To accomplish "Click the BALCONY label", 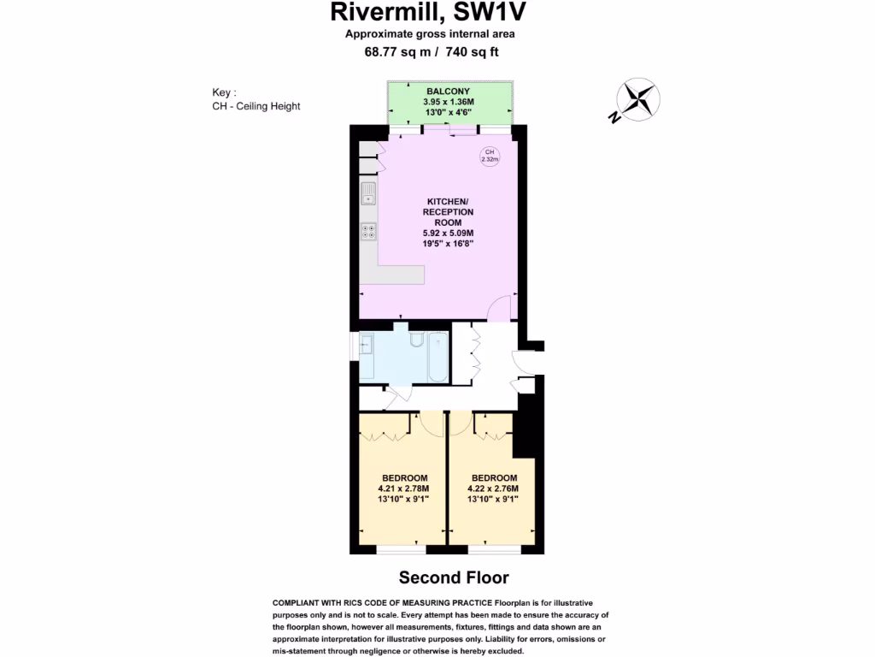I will (x=448, y=91).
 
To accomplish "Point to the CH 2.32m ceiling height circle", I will (x=490, y=156).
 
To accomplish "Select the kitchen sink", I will (x=368, y=193).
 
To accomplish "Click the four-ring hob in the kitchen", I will (x=368, y=231).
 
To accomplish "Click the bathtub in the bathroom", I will (x=437, y=357).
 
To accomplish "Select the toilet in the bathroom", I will (x=416, y=340).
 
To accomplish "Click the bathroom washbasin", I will (x=367, y=345).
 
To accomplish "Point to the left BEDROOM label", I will (x=404, y=477).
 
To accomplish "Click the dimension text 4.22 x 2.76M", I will (x=494, y=488).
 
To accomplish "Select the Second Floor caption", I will (x=454, y=578).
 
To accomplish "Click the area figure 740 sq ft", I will (x=467, y=51).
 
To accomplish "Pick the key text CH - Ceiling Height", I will (x=256, y=106).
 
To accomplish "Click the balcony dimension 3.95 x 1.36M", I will (x=448, y=101).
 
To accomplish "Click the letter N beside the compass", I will (x=614, y=118).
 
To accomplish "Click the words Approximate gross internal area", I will (x=430, y=34).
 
